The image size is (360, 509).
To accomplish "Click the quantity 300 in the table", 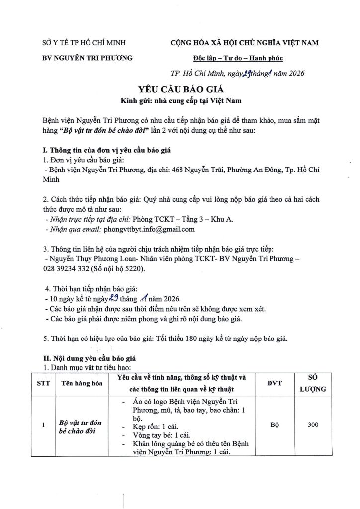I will tap(313, 425).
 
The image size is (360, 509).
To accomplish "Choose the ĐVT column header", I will tap(273, 384).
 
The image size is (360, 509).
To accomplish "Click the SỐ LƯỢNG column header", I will tap(313, 384).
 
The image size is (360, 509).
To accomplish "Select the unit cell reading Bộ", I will tap(273, 425).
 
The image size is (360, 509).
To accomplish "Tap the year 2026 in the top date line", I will tap(286, 73).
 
